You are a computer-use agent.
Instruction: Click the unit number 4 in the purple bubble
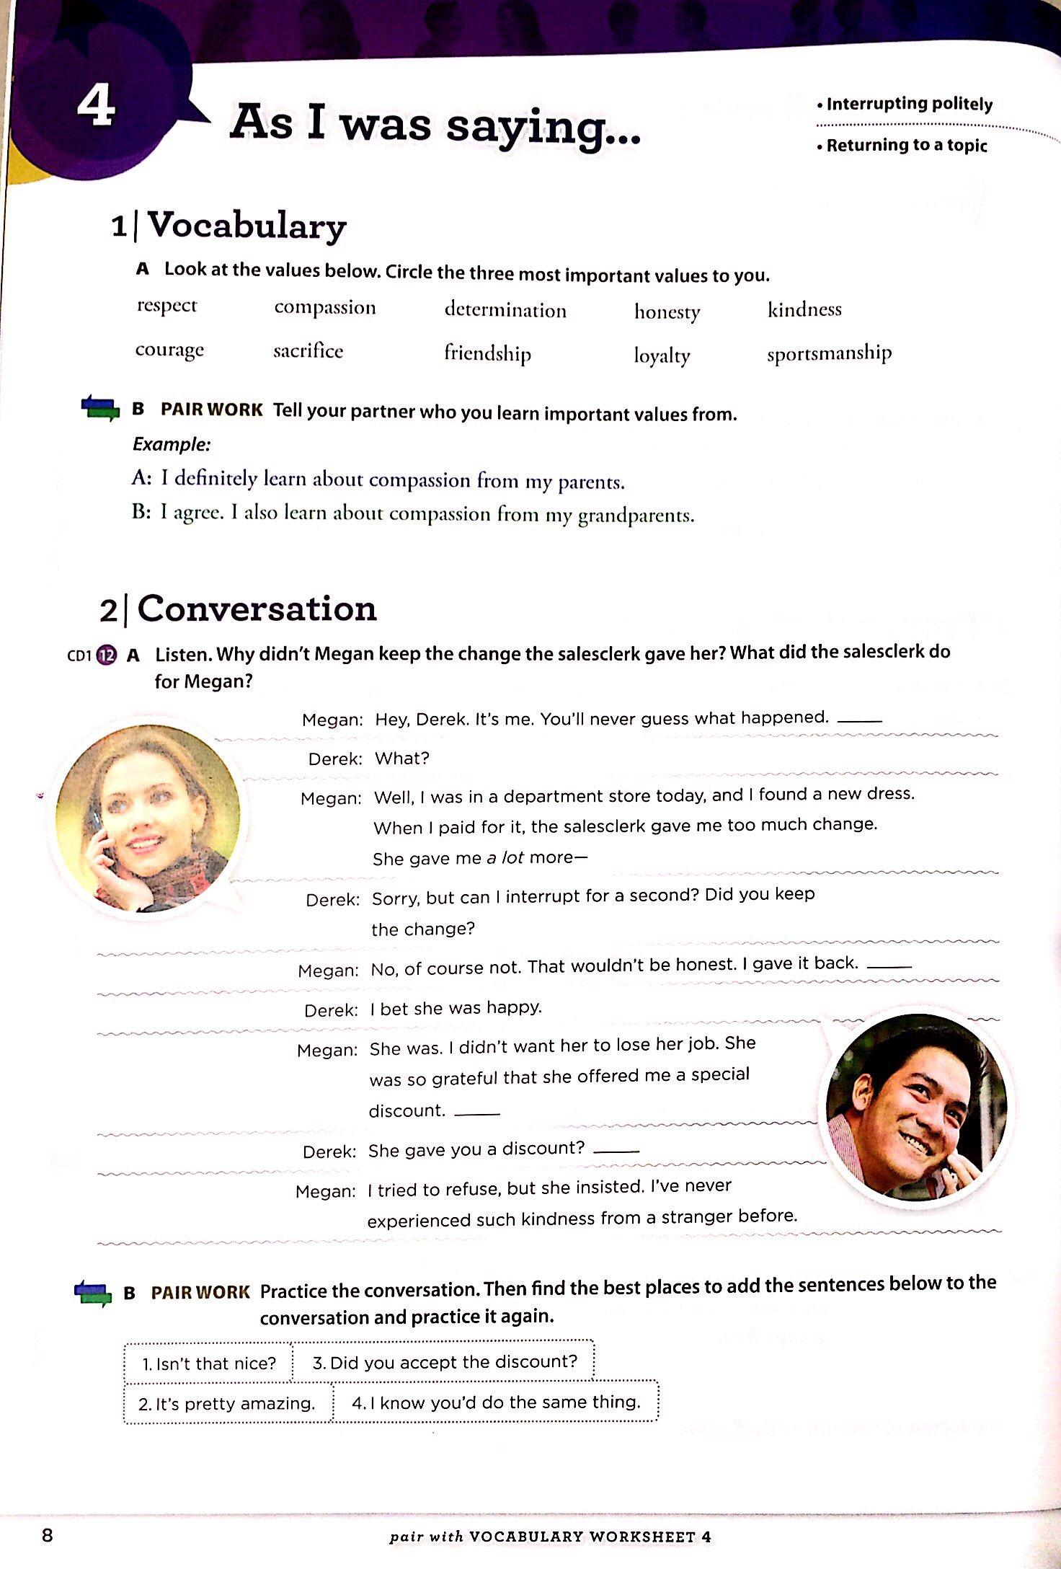coord(96,107)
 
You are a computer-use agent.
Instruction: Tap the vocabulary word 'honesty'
coord(667,311)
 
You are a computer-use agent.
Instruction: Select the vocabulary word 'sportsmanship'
coord(829,353)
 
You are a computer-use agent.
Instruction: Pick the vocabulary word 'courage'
coord(169,350)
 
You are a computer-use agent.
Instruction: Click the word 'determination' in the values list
coord(505,310)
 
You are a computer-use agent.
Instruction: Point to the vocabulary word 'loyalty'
coord(662,355)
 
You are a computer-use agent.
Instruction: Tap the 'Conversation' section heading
coord(257,609)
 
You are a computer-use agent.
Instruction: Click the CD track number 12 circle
coord(107,655)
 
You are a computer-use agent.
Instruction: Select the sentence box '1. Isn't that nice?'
coord(208,1364)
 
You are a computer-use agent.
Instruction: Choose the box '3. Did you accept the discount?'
coord(445,1361)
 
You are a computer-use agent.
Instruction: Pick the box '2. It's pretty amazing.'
coord(227,1403)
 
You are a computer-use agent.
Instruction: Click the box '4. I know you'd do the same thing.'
coord(496,1402)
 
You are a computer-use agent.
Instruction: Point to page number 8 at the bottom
coord(48,1535)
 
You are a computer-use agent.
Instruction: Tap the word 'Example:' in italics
coord(172,444)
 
